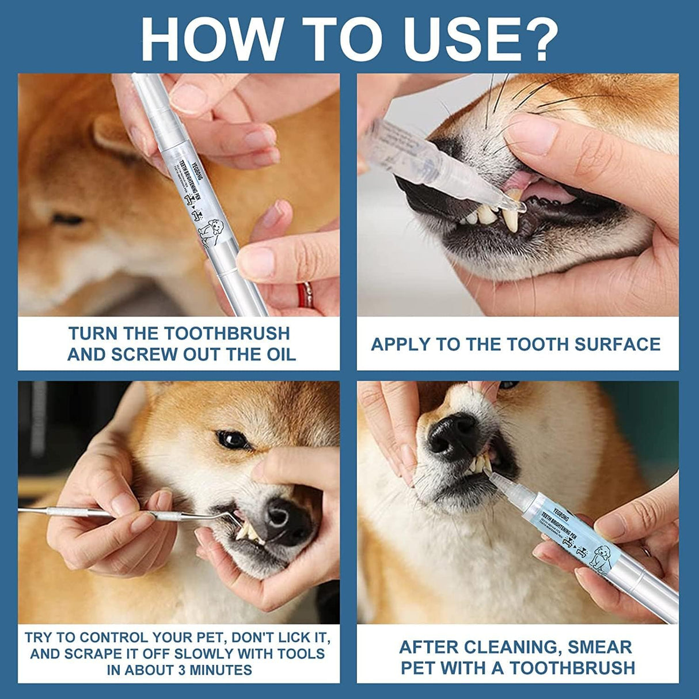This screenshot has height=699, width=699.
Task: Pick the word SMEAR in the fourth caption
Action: (599, 647)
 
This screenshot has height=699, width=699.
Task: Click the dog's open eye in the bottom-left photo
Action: (232, 439)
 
